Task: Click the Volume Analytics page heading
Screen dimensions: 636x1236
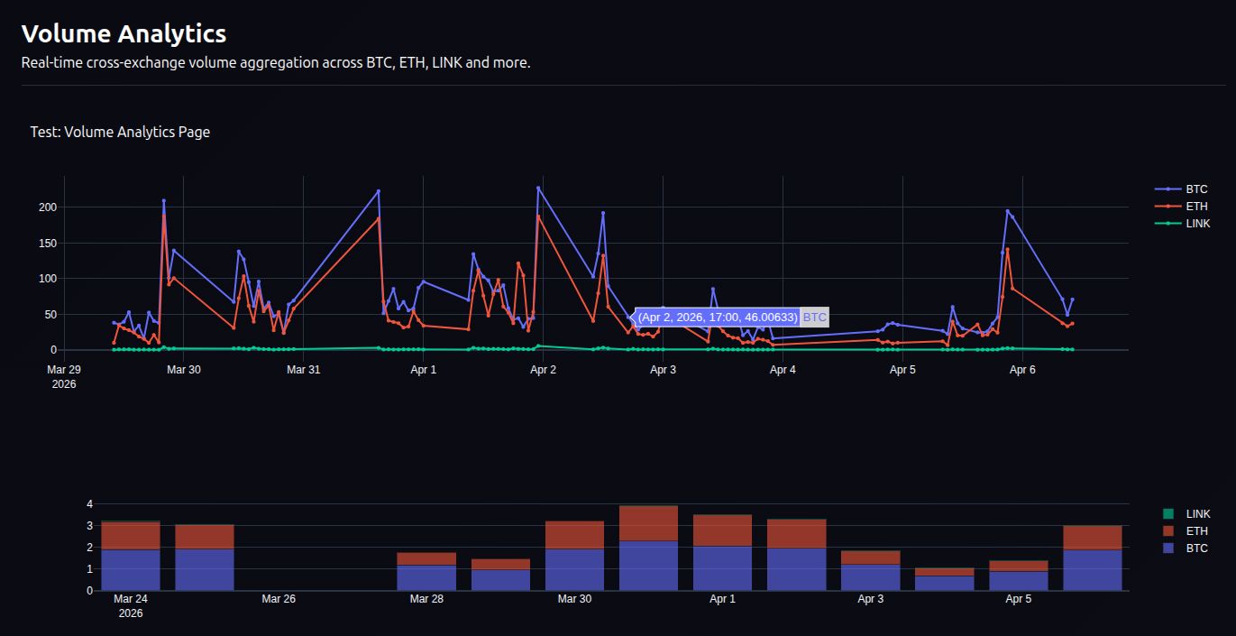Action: [x=124, y=34]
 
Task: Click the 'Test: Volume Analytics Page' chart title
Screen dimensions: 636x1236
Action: [x=120, y=132]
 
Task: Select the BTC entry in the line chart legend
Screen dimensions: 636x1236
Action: [x=1196, y=189]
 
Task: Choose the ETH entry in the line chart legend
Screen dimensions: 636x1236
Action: [x=1196, y=207]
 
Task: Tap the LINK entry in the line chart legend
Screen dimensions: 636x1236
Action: [x=1198, y=223]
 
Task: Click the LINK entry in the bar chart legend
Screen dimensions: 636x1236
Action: [x=1198, y=513]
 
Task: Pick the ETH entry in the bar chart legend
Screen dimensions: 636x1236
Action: [x=1196, y=530]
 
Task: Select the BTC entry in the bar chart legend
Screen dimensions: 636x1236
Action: [x=1196, y=548]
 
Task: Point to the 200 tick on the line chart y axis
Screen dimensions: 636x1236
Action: [x=47, y=207]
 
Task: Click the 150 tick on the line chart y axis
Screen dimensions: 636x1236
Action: [x=47, y=244]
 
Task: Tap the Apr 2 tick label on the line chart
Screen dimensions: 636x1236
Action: [x=543, y=370]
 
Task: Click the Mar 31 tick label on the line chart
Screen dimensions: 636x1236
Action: [x=303, y=370]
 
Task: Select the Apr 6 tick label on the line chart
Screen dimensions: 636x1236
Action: [x=1022, y=370]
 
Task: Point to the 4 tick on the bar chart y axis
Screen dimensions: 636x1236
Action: [x=90, y=504]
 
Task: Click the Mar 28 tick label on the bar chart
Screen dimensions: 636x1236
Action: [x=426, y=599]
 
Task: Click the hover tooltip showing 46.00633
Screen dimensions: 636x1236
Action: [x=718, y=318]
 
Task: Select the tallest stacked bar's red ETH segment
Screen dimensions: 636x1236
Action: [x=648, y=523]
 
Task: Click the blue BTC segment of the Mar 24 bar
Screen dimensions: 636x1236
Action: [x=131, y=569]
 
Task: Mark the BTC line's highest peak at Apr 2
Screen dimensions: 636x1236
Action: [x=538, y=188]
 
